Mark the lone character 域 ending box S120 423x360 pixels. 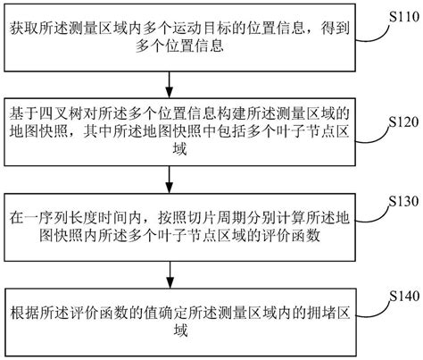(170, 153)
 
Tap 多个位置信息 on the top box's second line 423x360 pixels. (170, 46)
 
